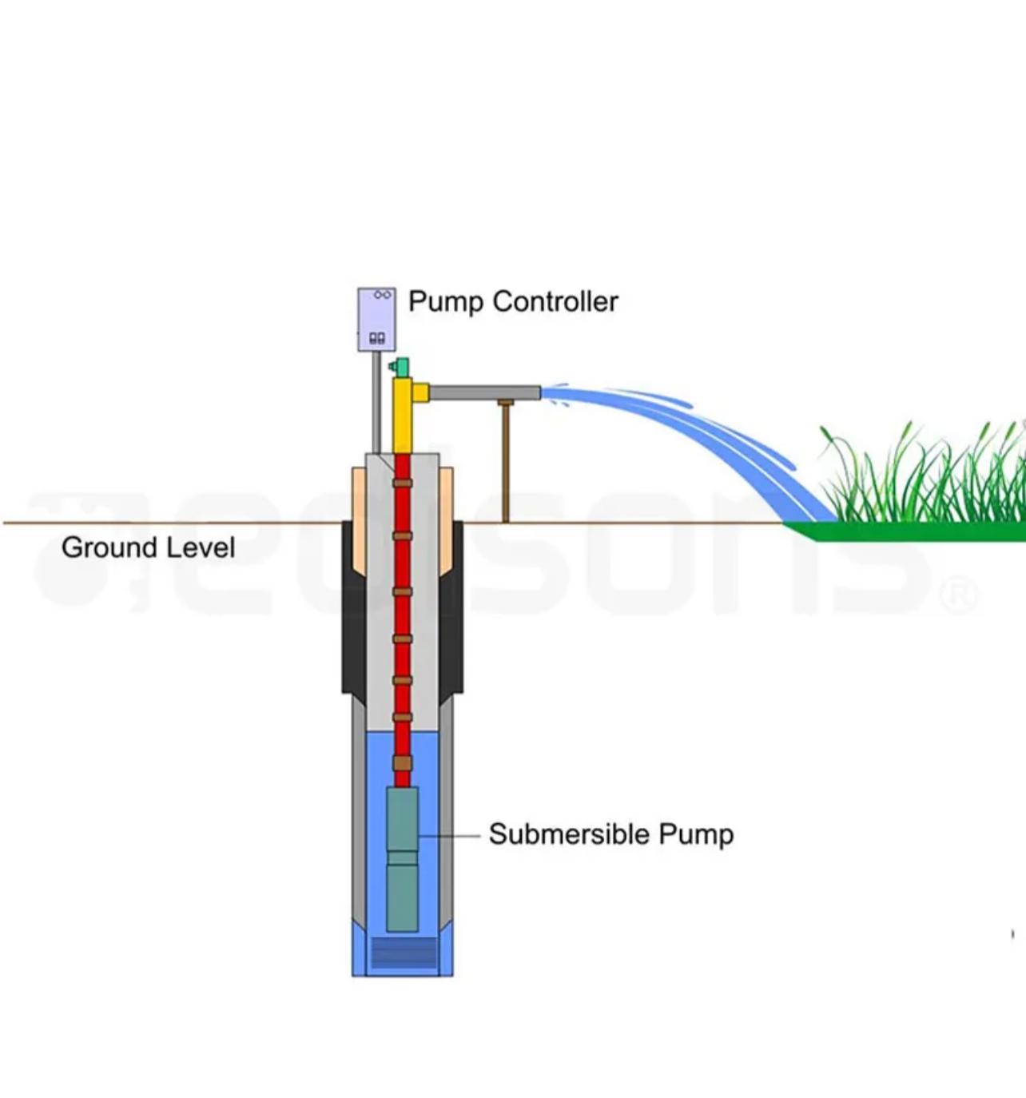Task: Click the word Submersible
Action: pos(569,833)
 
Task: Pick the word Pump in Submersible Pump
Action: pos(695,834)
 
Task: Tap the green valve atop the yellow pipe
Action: pos(400,367)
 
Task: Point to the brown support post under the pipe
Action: pos(505,463)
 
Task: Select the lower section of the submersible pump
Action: pos(402,897)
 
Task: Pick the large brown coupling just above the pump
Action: pos(402,763)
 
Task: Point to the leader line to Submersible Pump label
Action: pos(449,835)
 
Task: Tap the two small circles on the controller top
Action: pos(383,295)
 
